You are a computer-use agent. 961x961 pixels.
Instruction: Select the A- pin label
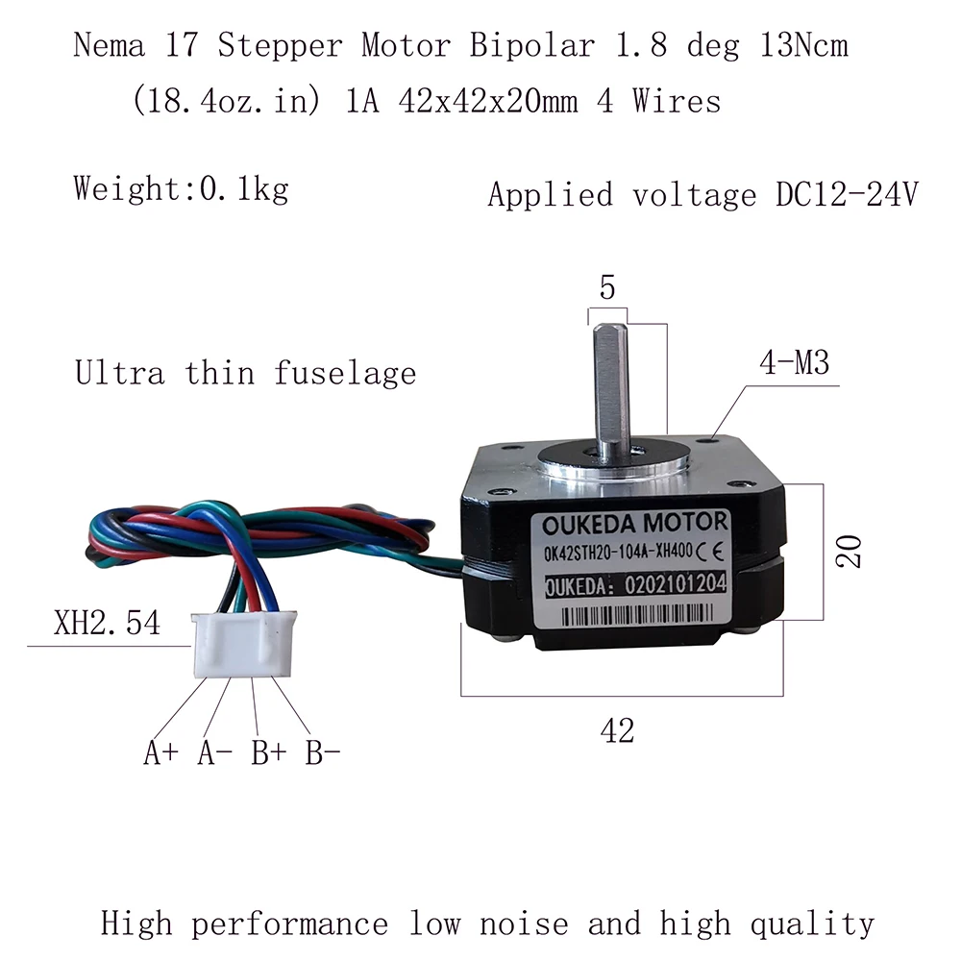pos(214,752)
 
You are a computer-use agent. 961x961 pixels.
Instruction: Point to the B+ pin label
pos(269,752)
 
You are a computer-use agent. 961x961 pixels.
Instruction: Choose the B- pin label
pos(323,752)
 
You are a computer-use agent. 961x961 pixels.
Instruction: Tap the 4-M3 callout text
pos(793,364)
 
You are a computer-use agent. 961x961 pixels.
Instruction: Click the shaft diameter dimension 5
pos(606,287)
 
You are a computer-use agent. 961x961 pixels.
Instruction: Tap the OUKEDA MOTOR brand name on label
pos(634,525)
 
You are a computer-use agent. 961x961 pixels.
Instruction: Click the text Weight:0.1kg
pos(181,187)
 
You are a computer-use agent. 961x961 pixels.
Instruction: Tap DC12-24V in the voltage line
pos(846,194)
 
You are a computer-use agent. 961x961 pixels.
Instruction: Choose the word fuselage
pos(345,372)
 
